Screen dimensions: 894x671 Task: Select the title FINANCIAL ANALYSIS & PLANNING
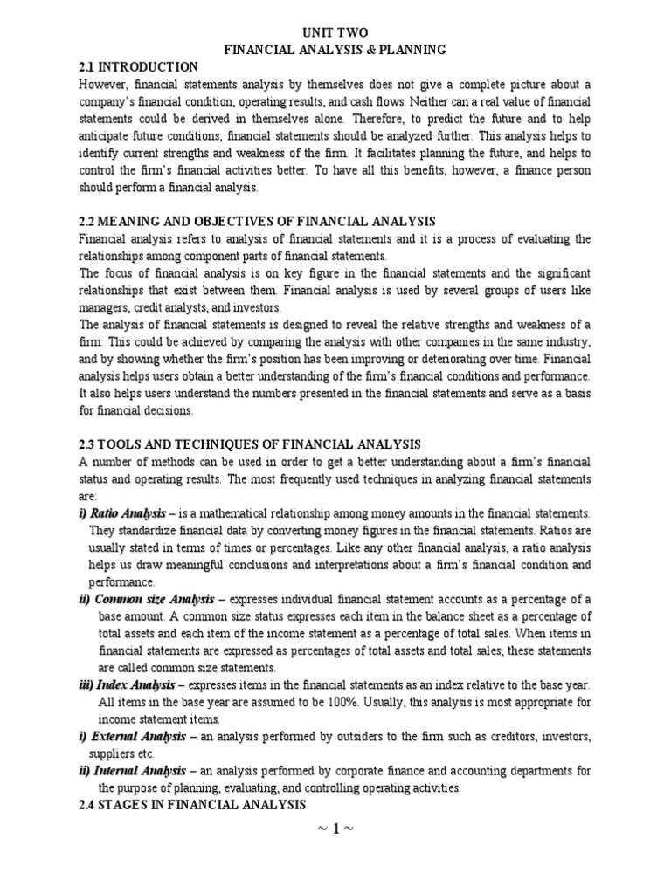coord(335,51)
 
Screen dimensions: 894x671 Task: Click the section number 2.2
coord(88,222)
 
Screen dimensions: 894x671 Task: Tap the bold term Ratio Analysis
coord(128,512)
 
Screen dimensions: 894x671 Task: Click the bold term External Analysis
coord(142,736)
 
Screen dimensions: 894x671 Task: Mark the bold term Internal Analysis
coord(141,770)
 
